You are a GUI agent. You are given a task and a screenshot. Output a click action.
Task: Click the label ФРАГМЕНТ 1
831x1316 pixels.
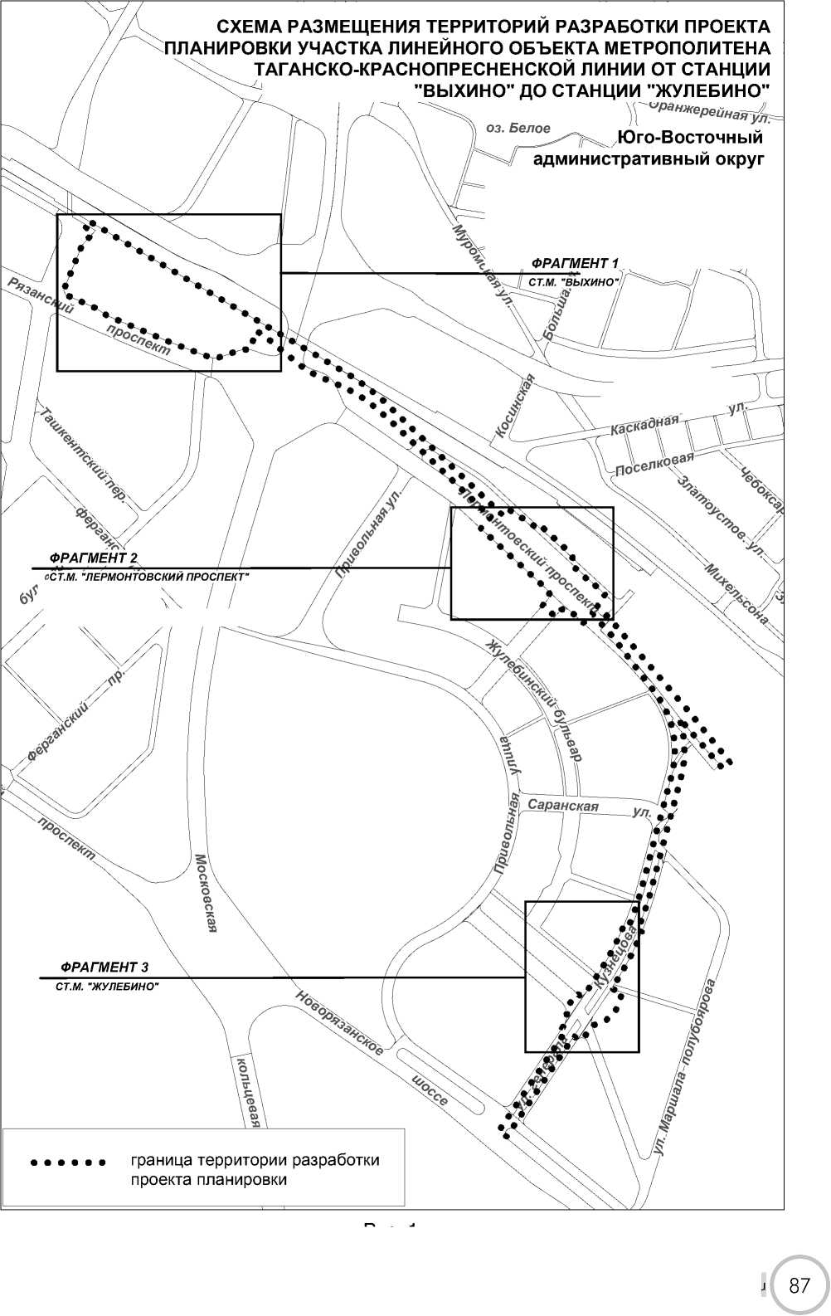point(575,264)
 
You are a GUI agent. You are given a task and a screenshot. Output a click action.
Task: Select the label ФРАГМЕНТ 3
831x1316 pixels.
point(104,968)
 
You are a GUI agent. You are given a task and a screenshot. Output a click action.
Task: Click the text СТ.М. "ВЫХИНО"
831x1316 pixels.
point(574,282)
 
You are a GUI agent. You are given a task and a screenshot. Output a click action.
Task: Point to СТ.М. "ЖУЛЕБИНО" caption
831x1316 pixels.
point(107,987)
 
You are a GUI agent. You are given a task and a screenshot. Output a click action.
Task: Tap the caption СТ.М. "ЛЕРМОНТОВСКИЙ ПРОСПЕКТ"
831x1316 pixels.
point(148,575)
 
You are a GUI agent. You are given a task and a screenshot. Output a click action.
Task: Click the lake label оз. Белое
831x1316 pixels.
point(518,128)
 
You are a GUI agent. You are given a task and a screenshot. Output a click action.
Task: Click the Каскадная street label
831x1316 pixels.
point(644,424)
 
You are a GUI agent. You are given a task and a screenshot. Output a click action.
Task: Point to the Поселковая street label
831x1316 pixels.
point(654,463)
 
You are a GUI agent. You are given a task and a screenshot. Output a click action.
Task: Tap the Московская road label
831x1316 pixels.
point(206,893)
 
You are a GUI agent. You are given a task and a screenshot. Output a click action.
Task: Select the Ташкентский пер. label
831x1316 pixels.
point(83,456)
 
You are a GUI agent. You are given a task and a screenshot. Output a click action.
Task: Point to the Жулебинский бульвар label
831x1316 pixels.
point(535,699)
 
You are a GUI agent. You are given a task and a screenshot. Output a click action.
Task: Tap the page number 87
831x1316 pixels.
point(799,1287)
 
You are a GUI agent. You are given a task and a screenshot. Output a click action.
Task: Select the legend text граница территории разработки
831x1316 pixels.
point(255,1160)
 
